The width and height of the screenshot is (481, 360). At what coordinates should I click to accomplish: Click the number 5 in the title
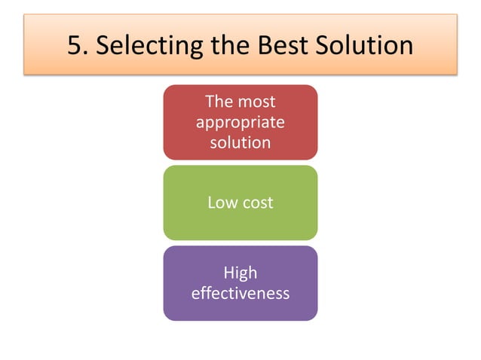(x=75, y=46)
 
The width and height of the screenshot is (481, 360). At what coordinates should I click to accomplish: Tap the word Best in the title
(x=278, y=46)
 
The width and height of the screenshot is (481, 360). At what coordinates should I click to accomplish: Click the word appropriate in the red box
(x=240, y=121)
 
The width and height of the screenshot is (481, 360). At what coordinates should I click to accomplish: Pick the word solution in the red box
(x=240, y=142)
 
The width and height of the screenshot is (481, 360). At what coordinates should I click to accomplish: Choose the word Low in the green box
(x=222, y=202)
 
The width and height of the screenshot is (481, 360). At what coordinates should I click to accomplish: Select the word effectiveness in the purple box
(x=240, y=293)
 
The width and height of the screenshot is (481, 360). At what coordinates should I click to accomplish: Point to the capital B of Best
(x=261, y=46)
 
